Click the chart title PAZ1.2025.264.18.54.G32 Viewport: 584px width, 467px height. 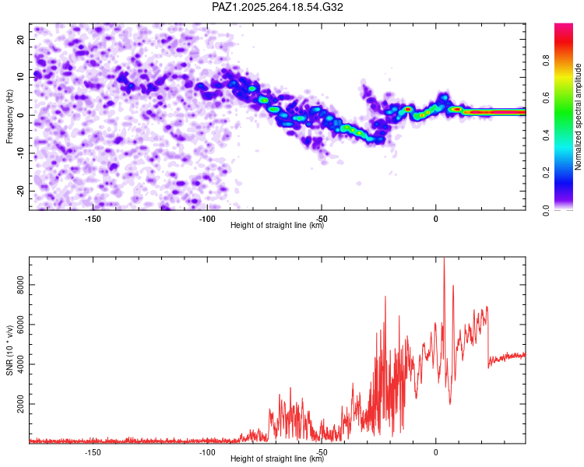click(x=278, y=7)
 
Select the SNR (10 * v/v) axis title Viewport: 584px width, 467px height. click(x=9, y=350)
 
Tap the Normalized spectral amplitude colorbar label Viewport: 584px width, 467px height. click(x=579, y=117)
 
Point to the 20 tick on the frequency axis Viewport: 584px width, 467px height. click(x=21, y=39)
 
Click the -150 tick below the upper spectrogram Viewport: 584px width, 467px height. click(x=92, y=219)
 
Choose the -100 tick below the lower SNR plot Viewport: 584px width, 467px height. click(x=206, y=452)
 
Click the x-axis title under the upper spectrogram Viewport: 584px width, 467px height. click(x=278, y=226)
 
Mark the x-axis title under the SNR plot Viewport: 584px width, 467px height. click(x=278, y=459)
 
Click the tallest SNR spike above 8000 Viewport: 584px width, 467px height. click(x=444, y=259)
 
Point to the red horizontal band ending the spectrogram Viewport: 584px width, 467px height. click(x=498, y=112)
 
